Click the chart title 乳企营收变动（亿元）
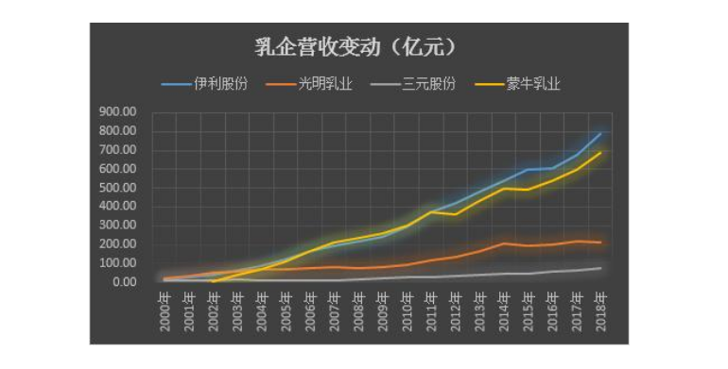tap(356, 47)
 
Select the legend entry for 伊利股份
tap(205, 84)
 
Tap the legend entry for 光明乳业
tap(309, 84)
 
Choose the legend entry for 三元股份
tap(413, 84)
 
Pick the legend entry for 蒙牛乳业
tap(517, 84)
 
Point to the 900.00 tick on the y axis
tap(118, 112)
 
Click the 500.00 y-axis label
tap(118, 188)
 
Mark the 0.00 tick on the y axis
tap(124, 282)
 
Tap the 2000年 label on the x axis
tap(165, 311)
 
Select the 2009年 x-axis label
tap(383, 311)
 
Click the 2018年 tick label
tap(600, 311)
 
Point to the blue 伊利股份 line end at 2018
tap(600, 133)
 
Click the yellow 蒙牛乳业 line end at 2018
tap(600, 152)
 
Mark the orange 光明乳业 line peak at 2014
tap(504, 243)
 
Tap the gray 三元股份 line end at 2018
tap(600, 268)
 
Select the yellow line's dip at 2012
tap(456, 214)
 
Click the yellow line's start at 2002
tap(213, 281)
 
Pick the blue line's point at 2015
tap(529, 169)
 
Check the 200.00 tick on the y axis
tap(118, 244)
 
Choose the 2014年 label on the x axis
tap(504, 311)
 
